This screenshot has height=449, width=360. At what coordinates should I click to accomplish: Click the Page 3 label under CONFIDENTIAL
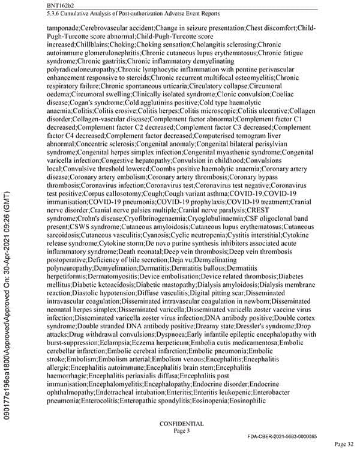(x=181, y=430)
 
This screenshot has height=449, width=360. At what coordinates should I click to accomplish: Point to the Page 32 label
(x=345, y=444)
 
